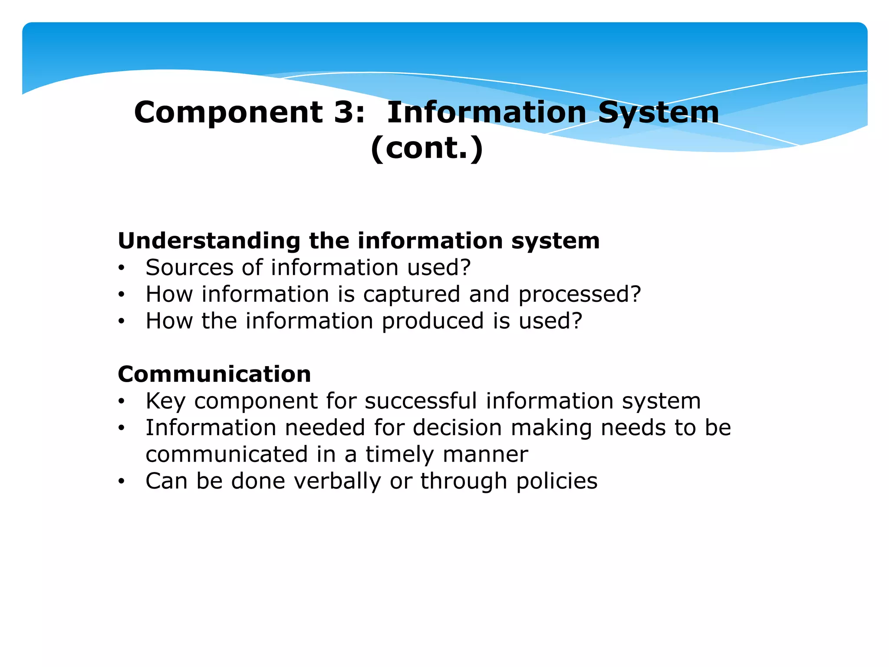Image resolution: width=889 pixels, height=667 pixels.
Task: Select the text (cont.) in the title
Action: [427, 148]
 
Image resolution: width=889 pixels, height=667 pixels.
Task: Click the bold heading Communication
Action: [214, 374]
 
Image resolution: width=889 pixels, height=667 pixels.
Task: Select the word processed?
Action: [579, 294]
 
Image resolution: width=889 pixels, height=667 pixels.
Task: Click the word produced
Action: [432, 321]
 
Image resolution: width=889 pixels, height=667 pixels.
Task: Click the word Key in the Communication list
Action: [165, 401]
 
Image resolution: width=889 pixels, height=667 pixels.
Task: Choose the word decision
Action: [457, 428]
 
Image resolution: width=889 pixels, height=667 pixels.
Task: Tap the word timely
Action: [399, 455]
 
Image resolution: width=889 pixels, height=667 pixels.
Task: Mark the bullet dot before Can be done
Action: [122, 482]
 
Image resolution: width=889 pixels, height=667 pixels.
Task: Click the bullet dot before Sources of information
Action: [122, 268]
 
